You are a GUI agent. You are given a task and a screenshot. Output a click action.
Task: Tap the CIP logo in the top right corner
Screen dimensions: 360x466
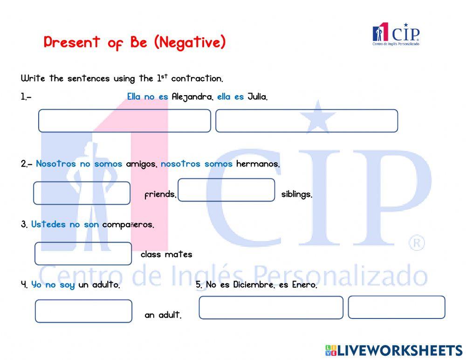(x=396, y=34)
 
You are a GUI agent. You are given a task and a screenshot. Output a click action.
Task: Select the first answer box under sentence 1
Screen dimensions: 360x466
(x=124, y=121)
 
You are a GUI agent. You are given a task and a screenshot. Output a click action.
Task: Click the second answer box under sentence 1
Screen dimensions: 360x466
(x=306, y=121)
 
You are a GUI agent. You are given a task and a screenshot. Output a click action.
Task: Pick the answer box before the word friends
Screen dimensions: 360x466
(x=82, y=193)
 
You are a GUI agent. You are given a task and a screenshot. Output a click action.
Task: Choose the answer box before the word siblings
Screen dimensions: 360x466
(x=226, y=190)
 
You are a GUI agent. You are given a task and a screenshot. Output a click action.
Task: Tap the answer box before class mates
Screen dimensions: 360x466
(x=83, y=254)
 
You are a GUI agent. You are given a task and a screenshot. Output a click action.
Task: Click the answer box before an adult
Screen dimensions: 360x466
(x=83, y=311)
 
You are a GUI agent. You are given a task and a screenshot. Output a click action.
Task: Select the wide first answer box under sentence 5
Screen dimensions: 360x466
(x=271, y=308)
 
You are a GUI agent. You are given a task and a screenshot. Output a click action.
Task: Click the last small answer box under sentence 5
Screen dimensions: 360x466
(x=396, y=307)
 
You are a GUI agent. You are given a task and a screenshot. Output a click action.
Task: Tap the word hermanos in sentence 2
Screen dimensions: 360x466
(x=258, y=164)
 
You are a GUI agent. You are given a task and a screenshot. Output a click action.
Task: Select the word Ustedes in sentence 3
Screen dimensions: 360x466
(x=48, y=224)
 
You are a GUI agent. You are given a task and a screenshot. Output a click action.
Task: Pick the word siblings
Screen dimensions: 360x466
(x=296, y=194)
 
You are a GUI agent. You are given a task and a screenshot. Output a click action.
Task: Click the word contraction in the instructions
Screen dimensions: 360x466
(x=197, y=78)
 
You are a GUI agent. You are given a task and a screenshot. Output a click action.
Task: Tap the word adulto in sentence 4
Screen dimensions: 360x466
(x=105, y=284)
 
